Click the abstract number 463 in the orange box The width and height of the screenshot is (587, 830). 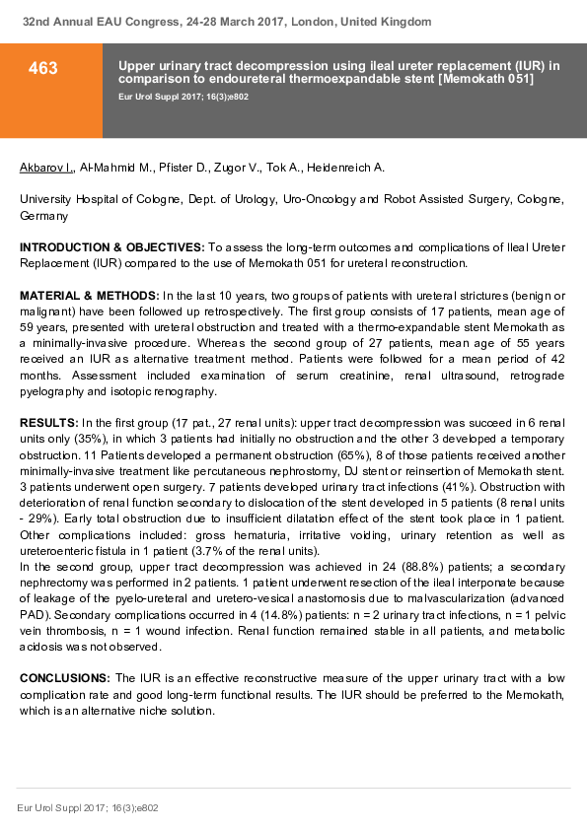[42, 68]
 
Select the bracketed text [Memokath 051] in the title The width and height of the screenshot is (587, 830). [485, 78]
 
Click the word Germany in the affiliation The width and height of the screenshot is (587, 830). [44, 214]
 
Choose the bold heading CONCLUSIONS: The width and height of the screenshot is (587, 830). [65, 678]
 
